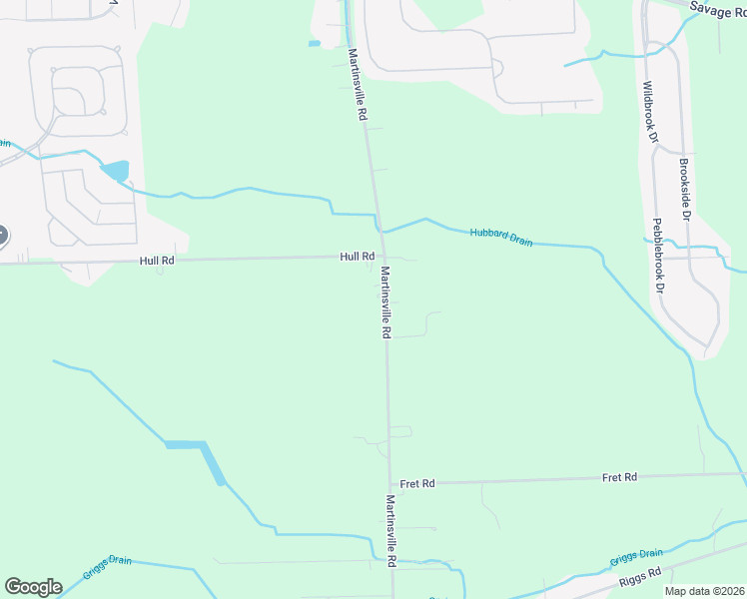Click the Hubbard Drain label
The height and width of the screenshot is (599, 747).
pos(501,237)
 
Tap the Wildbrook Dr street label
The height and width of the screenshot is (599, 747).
pos(650,112)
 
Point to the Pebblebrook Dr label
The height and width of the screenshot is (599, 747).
pos(659,255)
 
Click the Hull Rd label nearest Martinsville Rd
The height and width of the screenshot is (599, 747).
pos(357,257)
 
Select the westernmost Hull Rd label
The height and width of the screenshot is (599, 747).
pos(158,261)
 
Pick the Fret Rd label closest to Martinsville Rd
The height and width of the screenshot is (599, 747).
pos(417,483)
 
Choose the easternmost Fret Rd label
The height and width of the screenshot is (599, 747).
pos(619,477)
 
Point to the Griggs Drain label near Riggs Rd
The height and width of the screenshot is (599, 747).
pos(637,554)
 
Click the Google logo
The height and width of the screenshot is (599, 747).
pos(33,587)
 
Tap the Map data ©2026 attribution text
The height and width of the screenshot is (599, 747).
pos(702,591)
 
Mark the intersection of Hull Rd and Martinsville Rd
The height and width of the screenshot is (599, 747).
pos(380,258)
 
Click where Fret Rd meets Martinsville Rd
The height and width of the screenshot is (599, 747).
pos(388,483)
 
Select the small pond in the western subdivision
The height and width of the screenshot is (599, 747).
pos(115,171)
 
